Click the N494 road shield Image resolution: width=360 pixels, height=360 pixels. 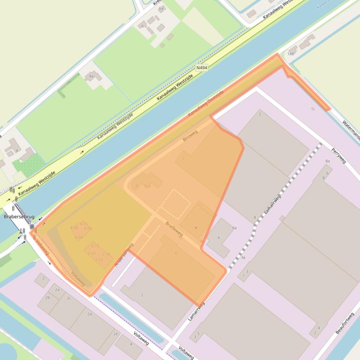[x=202, y=68]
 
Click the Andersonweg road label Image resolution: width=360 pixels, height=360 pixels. [x=124, y=255]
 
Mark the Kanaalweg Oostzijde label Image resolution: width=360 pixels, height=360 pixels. [x=206, y=104]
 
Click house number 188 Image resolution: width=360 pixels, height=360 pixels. [x=291, y=54]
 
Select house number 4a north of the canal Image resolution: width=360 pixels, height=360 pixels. [x=92, y=76]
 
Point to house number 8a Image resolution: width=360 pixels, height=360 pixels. [x=327, y=161]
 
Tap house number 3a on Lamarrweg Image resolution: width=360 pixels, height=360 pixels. [x=243, y=258]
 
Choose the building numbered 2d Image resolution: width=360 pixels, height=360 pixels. [x=89, y=314]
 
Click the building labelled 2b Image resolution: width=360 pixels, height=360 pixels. [x=48, y=297]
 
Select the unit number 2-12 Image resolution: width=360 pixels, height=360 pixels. [x=95, y=245]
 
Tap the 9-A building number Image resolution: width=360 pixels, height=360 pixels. [x=148, y=186]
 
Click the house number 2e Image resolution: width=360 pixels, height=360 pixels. [x=116, y=334]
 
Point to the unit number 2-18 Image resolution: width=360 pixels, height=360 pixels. [x=106, y=254]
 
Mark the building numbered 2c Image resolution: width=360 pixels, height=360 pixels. [x=69, y=298]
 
